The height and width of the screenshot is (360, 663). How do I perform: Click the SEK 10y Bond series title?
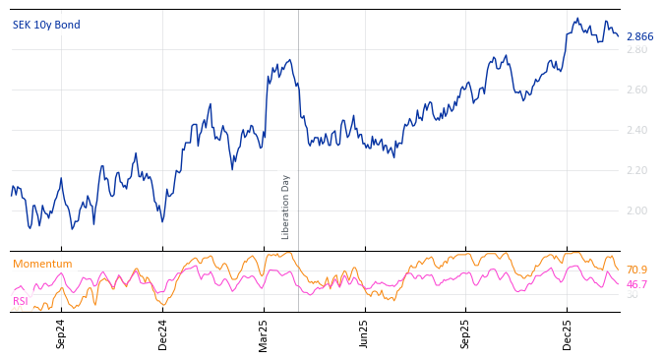coord(46,25)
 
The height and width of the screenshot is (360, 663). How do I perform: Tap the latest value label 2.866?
coord(639,37)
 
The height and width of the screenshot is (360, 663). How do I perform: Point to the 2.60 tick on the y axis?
coord(637,90)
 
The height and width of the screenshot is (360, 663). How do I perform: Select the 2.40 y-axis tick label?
coord(637,131)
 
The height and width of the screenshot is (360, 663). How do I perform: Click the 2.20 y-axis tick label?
coord(637,171)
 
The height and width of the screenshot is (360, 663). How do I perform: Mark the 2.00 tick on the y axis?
coord(637,211)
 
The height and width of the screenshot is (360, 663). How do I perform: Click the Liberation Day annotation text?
coord(286,207)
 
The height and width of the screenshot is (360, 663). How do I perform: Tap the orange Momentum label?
coord(42,265)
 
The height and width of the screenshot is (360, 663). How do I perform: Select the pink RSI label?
coord(20,301)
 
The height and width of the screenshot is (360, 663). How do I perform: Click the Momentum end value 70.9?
coord(636,270)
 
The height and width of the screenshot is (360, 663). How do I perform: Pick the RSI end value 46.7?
coord(636,284)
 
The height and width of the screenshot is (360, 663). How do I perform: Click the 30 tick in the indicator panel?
coord(632,295)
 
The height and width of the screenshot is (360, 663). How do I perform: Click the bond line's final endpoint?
coord(619,36)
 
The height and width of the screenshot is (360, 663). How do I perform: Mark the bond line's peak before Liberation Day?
coord(289,60)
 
